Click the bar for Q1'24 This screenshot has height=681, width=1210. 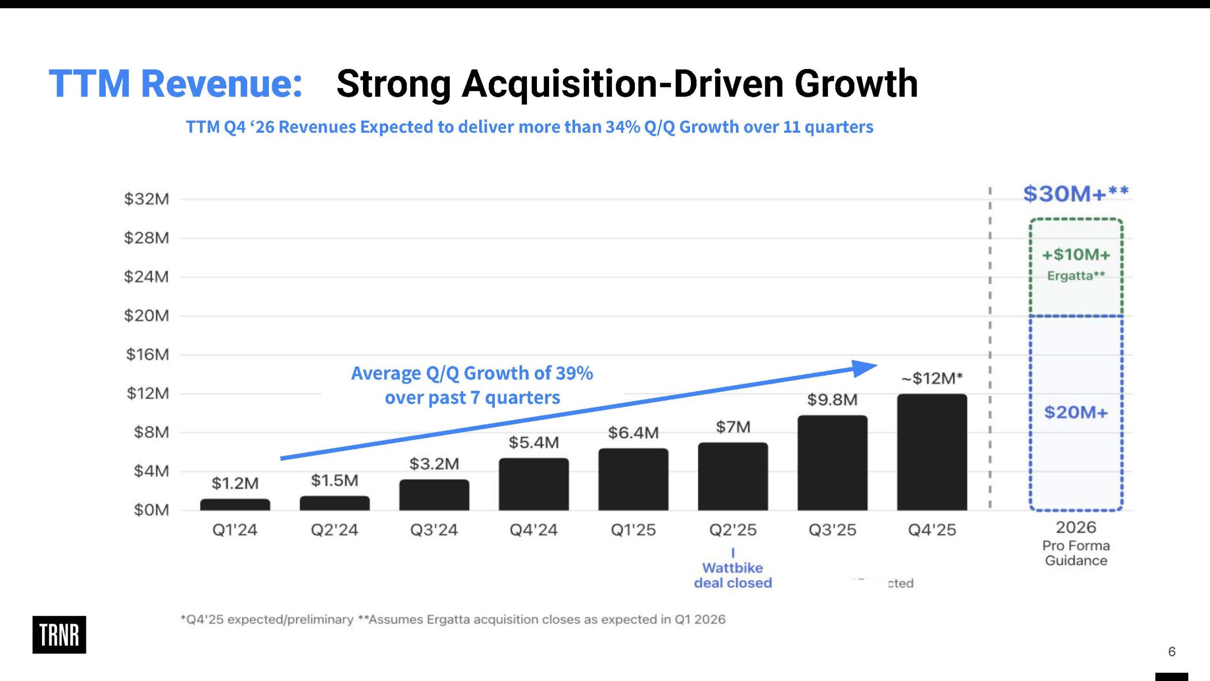[235, 504]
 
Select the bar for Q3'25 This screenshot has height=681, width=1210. [832, 463]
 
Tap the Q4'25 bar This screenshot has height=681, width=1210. [932, 452]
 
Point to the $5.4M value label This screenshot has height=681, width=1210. [534, 442]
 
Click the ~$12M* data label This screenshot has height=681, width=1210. [932, 378]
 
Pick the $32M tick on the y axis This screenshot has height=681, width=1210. [147, 199]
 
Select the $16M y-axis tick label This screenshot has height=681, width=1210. [147, 354]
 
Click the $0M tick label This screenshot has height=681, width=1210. [151, 510]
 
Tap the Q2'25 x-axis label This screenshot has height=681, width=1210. [733, 530]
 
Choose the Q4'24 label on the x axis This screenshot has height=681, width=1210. [534, 530]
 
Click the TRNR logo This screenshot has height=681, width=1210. [59, 635]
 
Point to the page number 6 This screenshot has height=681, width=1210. [1172, 652]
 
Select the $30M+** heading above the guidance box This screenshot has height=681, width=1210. [1075, 194]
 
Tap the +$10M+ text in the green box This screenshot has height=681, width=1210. [1076, 255]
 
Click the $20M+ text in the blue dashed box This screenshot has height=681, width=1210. [1076, 413]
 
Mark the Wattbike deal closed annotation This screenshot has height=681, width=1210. [733, 575]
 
